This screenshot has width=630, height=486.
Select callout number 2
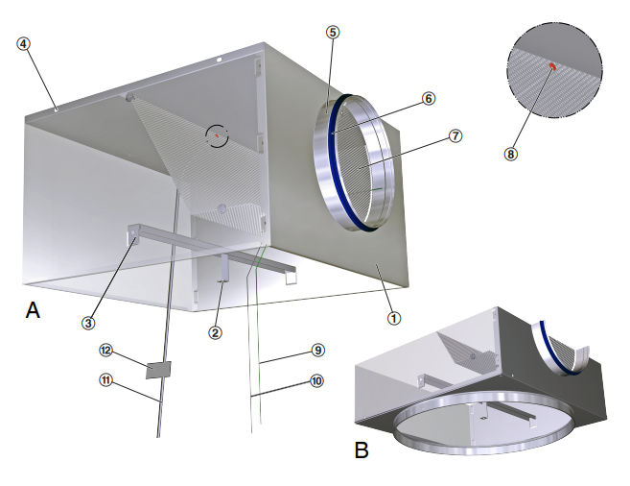pos(216,333)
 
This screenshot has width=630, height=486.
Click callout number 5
pos(331,32)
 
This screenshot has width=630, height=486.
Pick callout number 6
pos(429,98)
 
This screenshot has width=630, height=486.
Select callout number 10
pos(317,381)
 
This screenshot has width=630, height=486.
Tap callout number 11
pos(106,379)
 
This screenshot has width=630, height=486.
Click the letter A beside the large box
pos(33,310)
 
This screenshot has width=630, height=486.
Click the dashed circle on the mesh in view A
pos(219,135)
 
